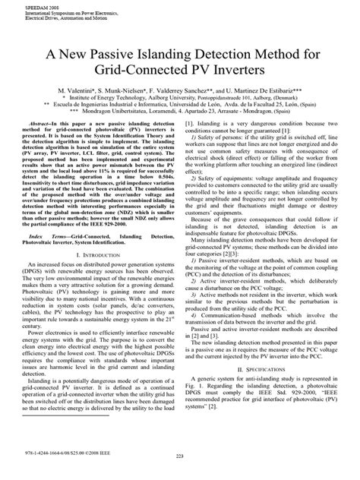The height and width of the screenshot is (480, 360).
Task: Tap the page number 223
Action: [180, 475]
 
